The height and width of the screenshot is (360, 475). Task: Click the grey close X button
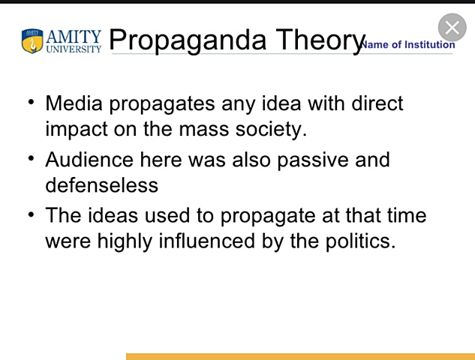point(452,28)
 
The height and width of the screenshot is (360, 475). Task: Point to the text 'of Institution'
point(425,44)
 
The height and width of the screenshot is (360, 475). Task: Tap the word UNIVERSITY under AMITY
point(73,49)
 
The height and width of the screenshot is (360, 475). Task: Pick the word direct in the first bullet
point(371,103)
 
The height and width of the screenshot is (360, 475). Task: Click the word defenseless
point(101,184)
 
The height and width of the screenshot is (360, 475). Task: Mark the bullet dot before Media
point(31,100)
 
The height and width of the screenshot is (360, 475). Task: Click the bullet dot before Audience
point(31,157)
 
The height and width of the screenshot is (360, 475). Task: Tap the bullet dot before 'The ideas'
point(31,214)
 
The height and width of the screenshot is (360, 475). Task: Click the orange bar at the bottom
point(300,356)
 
